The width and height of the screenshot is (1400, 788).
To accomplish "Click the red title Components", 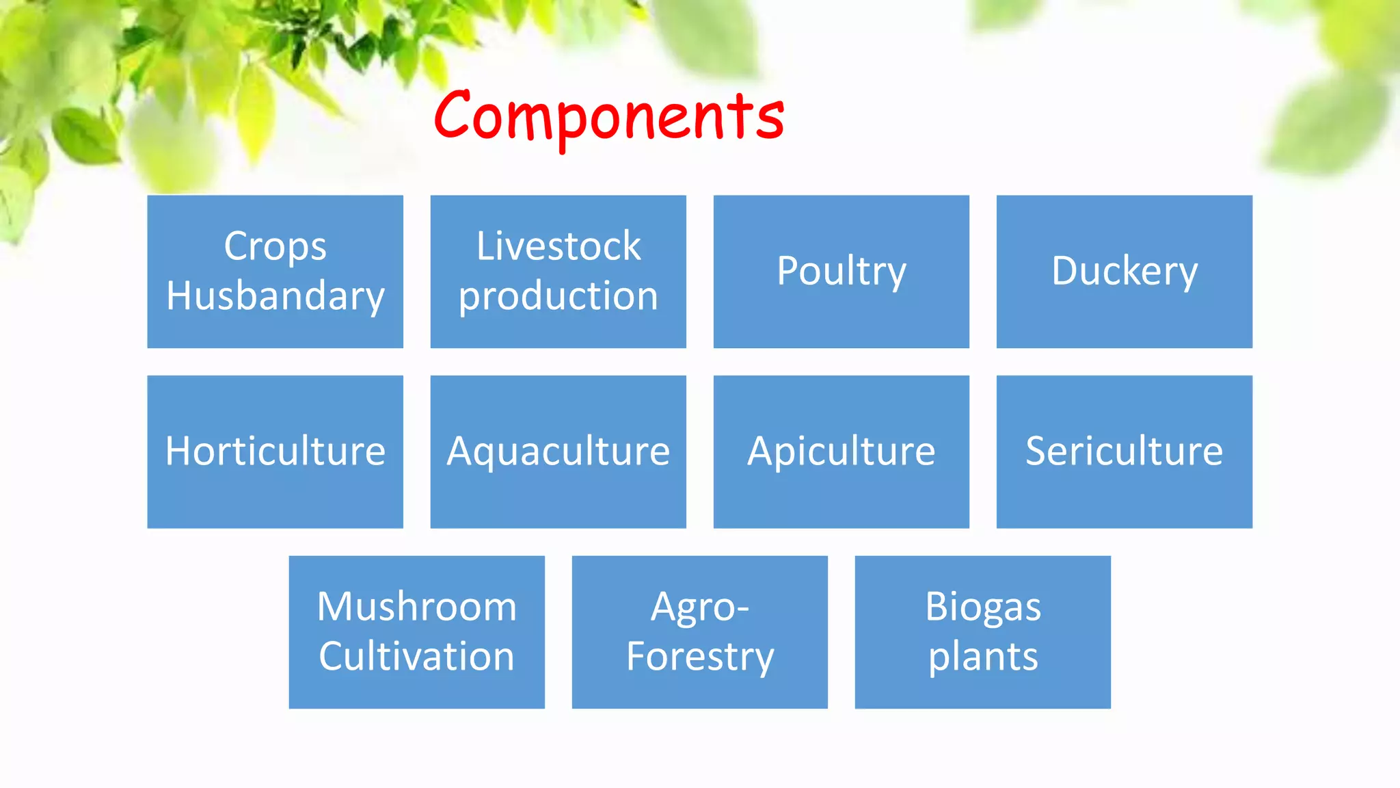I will tap(608, 116).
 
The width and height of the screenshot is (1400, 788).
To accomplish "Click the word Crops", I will tap(275, 246).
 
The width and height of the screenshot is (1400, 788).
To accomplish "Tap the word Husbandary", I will tap(275, 296).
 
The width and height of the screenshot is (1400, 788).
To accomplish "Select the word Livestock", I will tap(558, 246).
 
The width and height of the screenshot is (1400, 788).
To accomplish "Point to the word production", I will tap(558, 296).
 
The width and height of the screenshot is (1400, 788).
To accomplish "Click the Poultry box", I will tap(841, 272).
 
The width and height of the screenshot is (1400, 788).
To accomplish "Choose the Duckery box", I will tap(1124, 272).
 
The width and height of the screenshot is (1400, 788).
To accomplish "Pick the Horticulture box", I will tap(275, 451).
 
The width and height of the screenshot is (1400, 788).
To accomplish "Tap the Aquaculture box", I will tap(558, 451).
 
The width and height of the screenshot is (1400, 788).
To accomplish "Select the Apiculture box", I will tap(841, 451).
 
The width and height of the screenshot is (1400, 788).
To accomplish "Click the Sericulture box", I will tap(1124, 451).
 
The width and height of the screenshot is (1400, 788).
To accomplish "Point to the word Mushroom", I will tap(416, 607).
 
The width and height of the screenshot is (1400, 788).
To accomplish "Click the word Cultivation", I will tap(416, 657).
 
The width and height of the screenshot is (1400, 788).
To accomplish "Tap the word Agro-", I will tap(699, 607).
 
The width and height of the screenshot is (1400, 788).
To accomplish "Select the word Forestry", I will tap(699, 657).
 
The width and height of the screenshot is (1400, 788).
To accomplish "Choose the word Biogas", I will tap(982, 607).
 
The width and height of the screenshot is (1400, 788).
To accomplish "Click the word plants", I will tap(982, 657).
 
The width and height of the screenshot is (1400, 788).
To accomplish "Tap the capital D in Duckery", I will tap(1068, 271).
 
